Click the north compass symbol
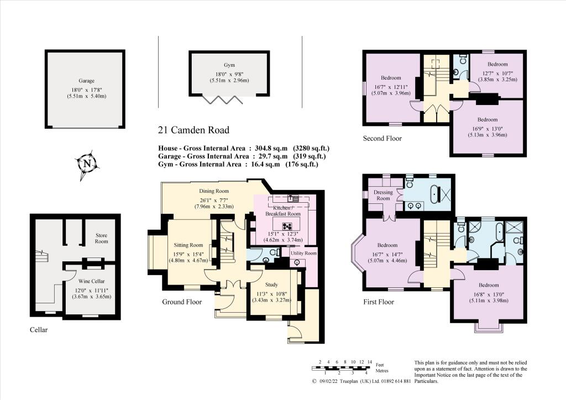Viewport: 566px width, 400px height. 87,164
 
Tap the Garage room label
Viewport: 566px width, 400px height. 87,81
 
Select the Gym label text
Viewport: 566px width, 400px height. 229,65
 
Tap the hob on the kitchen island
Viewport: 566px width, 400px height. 287,225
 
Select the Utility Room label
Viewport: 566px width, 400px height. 303,253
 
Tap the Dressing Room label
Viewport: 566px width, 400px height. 383,195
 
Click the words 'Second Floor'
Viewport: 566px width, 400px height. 382,138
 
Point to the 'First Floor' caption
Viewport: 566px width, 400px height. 379,302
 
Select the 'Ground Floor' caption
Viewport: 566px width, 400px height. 182,302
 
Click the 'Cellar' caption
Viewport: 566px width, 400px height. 38,330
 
